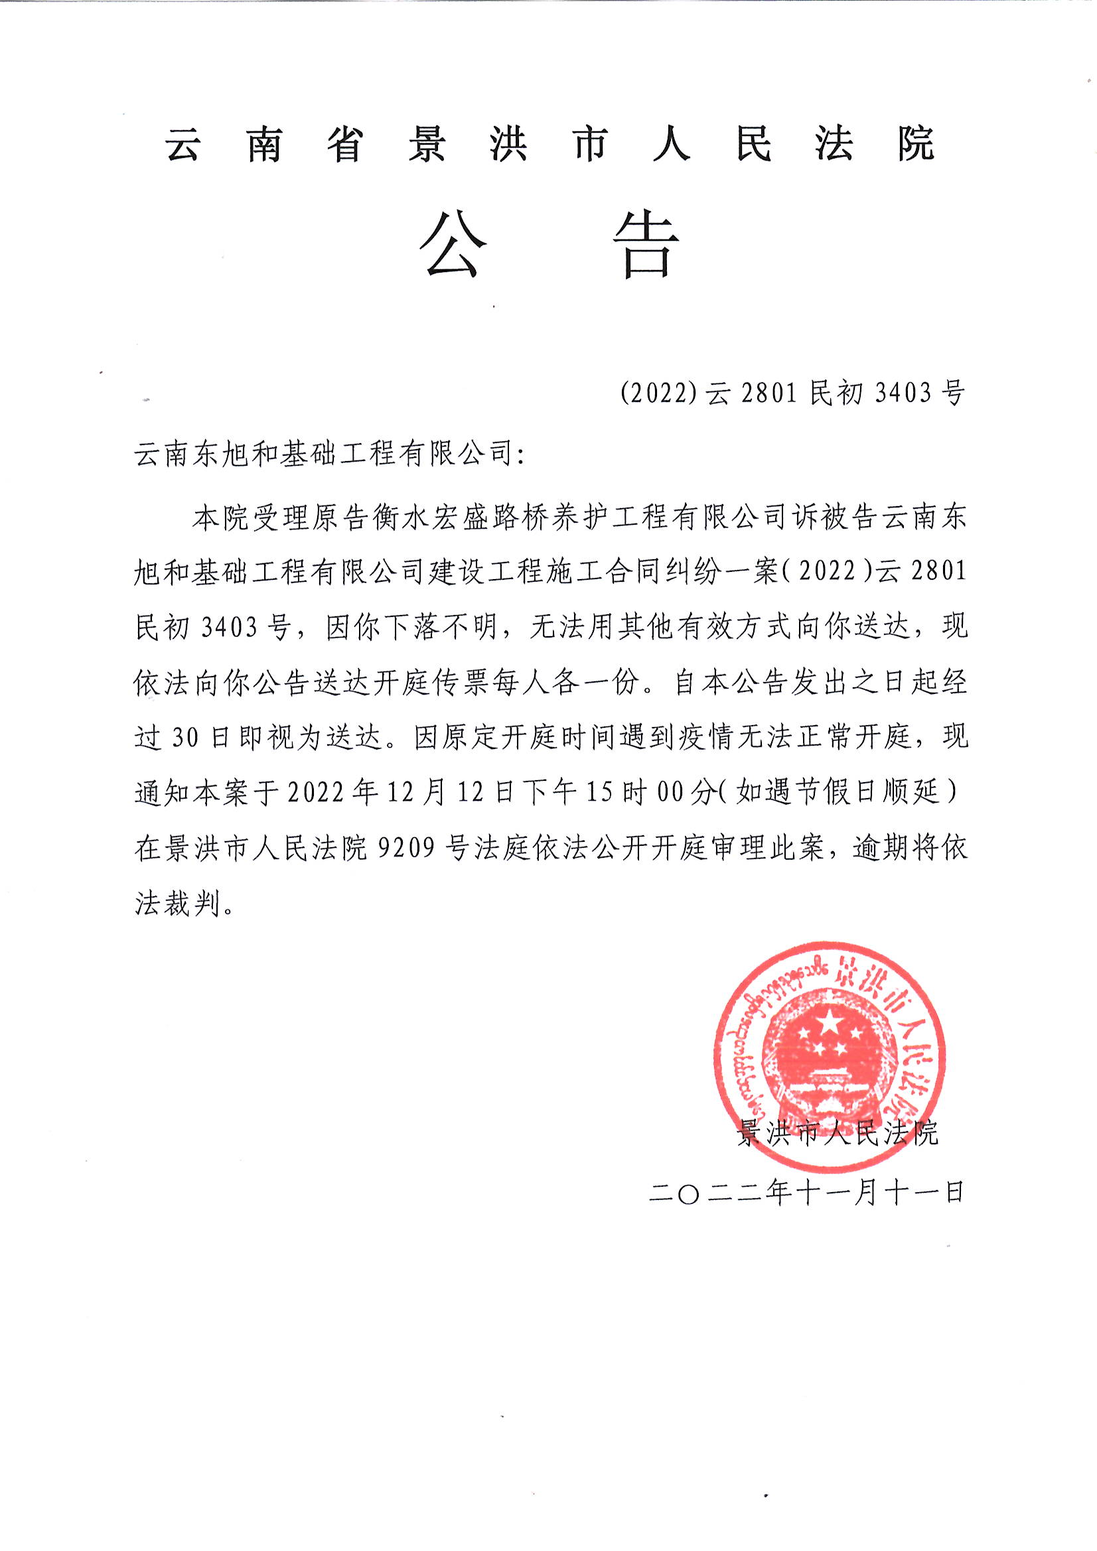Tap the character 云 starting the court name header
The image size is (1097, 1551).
click(x=183, y=144)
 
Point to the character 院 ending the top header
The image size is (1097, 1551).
click(x=916, y=144)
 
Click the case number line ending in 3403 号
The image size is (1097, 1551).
click(x=792, y=393)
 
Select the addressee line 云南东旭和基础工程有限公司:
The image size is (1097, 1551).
click(x=329, y=454)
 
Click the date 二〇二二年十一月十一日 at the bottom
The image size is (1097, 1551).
click(x=806, y=1193)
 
